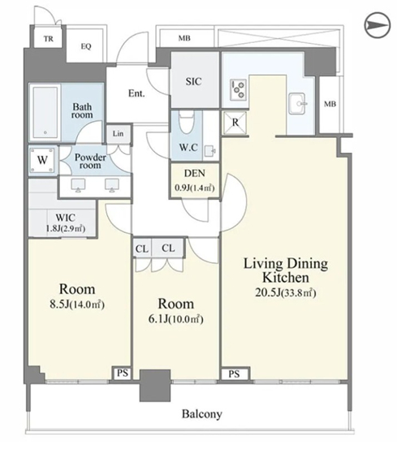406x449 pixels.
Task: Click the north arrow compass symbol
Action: [x=378, y=25]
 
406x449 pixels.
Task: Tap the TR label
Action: [x=49, y=39]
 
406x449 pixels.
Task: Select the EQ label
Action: [x=86, y=46]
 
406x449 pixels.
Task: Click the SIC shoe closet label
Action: [x=193, y=81]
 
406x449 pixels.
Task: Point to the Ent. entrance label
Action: [x=136, y=93]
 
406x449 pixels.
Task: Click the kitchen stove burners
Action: [x=239, y=89]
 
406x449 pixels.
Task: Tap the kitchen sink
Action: [x=298, y=103]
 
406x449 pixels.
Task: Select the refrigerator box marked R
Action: [x=235, y=123]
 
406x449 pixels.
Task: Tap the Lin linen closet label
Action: [x=118, y=133]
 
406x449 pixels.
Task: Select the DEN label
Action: [x=195, y=173]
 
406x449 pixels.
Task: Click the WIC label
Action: [x=66, y=218]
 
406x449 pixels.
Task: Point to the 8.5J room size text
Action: [x=77, y=304]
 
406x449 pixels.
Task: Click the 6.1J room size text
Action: [x=176, y=319]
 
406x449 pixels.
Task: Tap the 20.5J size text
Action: [x=286, y=293]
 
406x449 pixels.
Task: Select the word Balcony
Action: [x=202, y=414]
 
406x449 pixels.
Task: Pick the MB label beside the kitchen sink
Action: [x=330, y=104]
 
